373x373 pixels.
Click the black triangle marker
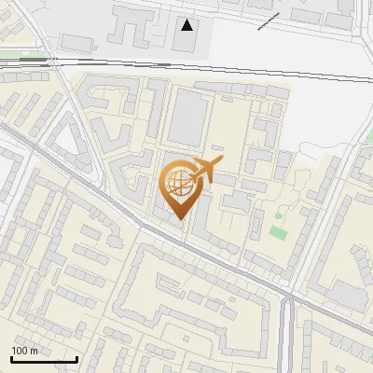(x=187, y=25)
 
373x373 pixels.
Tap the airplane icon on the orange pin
(x=205, y=170)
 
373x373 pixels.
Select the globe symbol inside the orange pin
(x=179, y=186)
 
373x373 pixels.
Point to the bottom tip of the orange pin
(x=179, y=220)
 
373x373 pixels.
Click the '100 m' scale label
(x=24, y=351)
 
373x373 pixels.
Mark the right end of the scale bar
(x=76, y=359)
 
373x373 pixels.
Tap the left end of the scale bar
(x=11, y=359)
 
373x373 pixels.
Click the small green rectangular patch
(x=277, y=229)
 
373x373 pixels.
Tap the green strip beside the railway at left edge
(x=11, y=54)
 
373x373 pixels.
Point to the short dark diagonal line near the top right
(x=268, y=21)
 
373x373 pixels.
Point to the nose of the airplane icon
(x=221, y=162)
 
